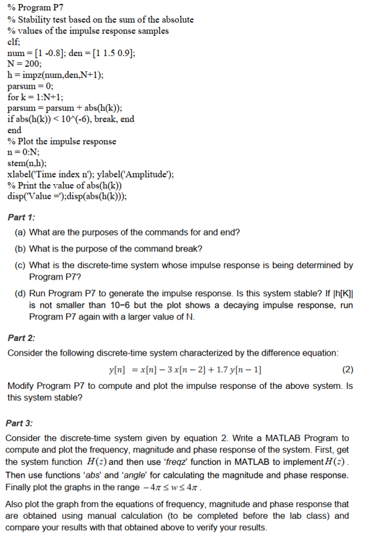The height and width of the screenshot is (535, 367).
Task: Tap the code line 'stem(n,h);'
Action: coord(26,163)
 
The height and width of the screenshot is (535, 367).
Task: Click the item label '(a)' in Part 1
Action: coord(20,232)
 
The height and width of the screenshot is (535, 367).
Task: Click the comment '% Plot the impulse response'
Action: coord(61,141)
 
